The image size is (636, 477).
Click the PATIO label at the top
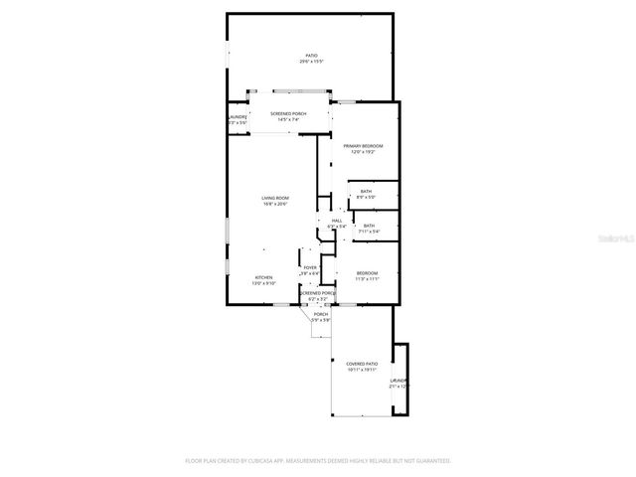[x=312, y=55]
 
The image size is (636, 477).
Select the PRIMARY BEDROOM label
[x=364, y=146]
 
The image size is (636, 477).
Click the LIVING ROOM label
[x=275, y=198]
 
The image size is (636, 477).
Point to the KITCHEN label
[x=263, y=277]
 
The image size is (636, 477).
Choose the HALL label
[x=337, y=220]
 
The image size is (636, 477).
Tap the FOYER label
[x=310, y=267]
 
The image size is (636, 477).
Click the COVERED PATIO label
[x=361, y=364]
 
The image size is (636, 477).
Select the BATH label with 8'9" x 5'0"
[x=366, y=191]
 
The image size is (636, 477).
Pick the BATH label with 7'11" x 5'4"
[x=369, y=226]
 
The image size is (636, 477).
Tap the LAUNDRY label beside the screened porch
[x=238, y=117]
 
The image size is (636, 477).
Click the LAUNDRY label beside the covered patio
[x=398, y=380]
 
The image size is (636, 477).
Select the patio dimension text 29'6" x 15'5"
[x=312, y=62]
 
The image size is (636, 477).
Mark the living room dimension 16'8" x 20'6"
[x=275, y=205]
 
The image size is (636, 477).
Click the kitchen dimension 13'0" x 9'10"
[x=263, y=284]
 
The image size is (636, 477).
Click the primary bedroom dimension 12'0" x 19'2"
[x=364, y=153]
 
